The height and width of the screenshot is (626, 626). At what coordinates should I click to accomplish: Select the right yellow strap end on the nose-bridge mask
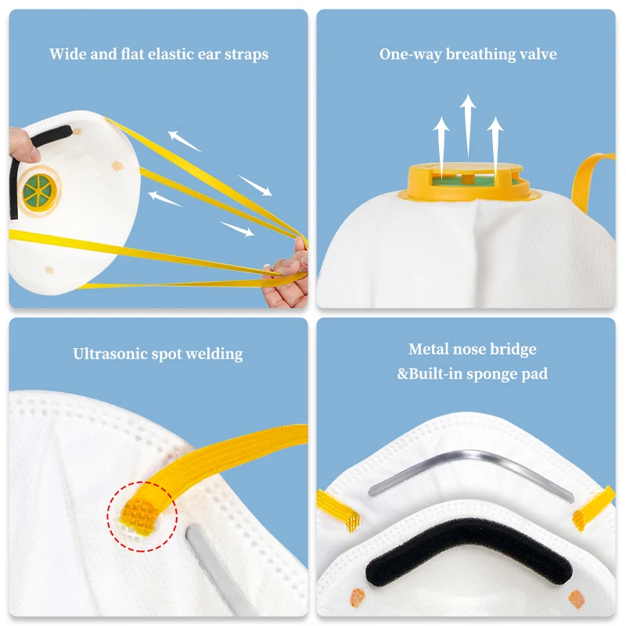point(593,507)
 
